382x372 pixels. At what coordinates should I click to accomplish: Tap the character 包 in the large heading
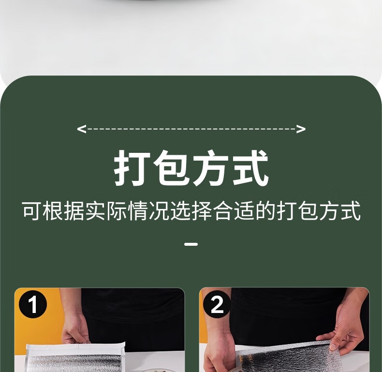point(171,168)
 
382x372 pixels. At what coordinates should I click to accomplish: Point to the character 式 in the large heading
point(250,168)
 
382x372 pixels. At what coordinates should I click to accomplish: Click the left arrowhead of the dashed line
point(81,129)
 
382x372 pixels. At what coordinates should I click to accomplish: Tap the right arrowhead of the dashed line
point(301,129)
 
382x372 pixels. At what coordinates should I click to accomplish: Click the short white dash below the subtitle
point(191,244)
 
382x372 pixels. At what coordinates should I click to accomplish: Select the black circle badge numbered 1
point(33,304)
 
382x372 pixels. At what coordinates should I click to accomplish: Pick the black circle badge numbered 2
point(217,304)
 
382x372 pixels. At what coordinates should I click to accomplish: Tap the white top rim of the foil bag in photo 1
point(75,347)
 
